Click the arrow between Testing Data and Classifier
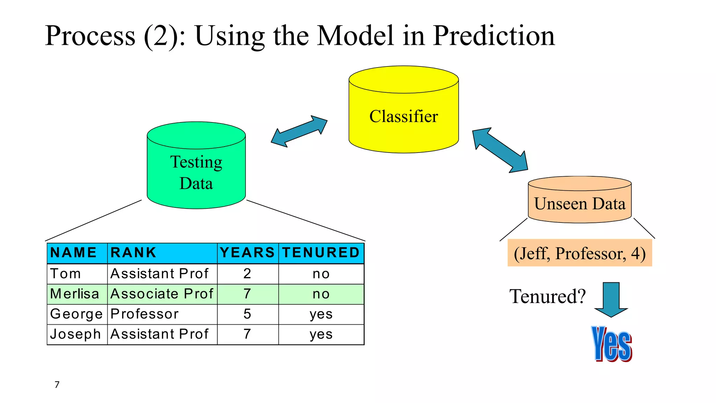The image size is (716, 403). coord(299,132)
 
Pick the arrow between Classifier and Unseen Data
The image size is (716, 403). coord(500,150)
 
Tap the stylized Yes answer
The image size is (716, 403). coord(611,344)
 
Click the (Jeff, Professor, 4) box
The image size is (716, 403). coord(580,253)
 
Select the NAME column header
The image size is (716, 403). coord(74,253)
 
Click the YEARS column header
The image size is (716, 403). coord(248,253)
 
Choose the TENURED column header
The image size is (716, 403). coord(321,253)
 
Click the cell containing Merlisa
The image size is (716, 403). coord(75,294)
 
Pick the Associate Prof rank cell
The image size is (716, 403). coord(162,294)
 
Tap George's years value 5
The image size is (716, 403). coord(247,314)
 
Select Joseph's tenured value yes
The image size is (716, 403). coord(321,334)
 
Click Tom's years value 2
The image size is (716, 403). coord(247,274)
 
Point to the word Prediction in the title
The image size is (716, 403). coord(494,36)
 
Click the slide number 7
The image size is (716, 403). coord(57,384)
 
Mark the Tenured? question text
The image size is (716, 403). coord(547,296)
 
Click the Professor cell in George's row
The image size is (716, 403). coord(144,314)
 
